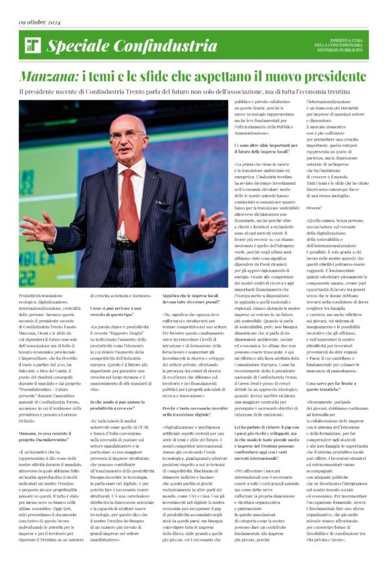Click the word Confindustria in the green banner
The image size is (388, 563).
pyautogui.click(x=153, y=46)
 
